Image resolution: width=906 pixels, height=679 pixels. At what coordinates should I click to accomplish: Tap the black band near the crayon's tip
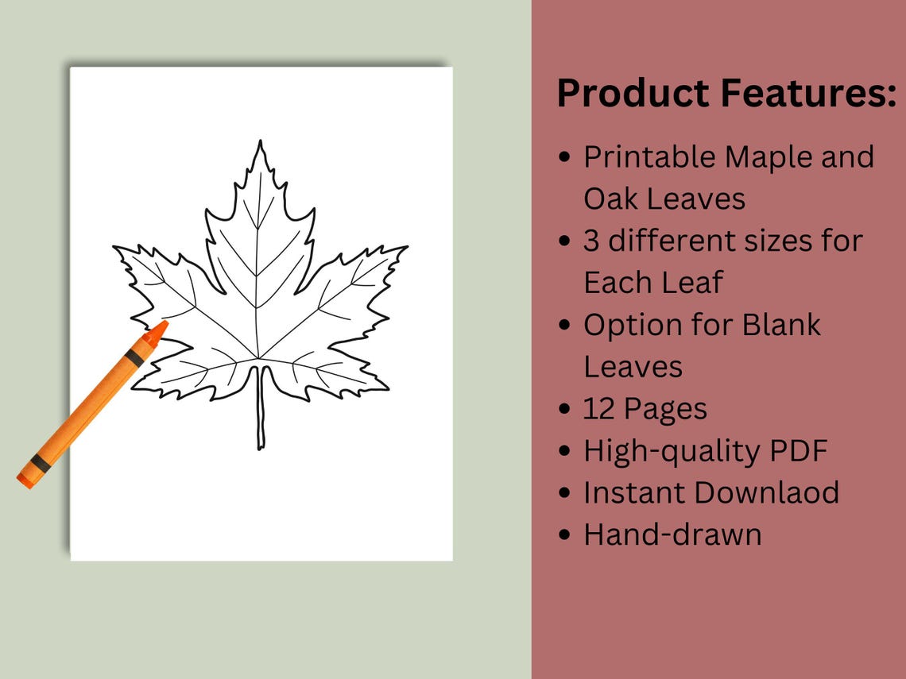pos(135,358)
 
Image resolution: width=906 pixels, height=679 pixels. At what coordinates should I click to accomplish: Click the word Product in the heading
pos(633,93)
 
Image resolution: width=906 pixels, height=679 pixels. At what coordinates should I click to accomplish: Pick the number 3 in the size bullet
pos(592,241)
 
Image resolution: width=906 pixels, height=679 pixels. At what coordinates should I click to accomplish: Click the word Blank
pos(781,325)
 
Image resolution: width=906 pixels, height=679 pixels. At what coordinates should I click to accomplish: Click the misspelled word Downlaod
pos(764,492)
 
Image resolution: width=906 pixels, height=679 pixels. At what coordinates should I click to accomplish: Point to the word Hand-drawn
pos(672,534)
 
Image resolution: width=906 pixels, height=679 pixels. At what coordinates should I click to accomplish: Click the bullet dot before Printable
pos(564,158)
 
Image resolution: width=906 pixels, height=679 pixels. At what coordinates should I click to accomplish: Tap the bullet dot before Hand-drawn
pos(564,535)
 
